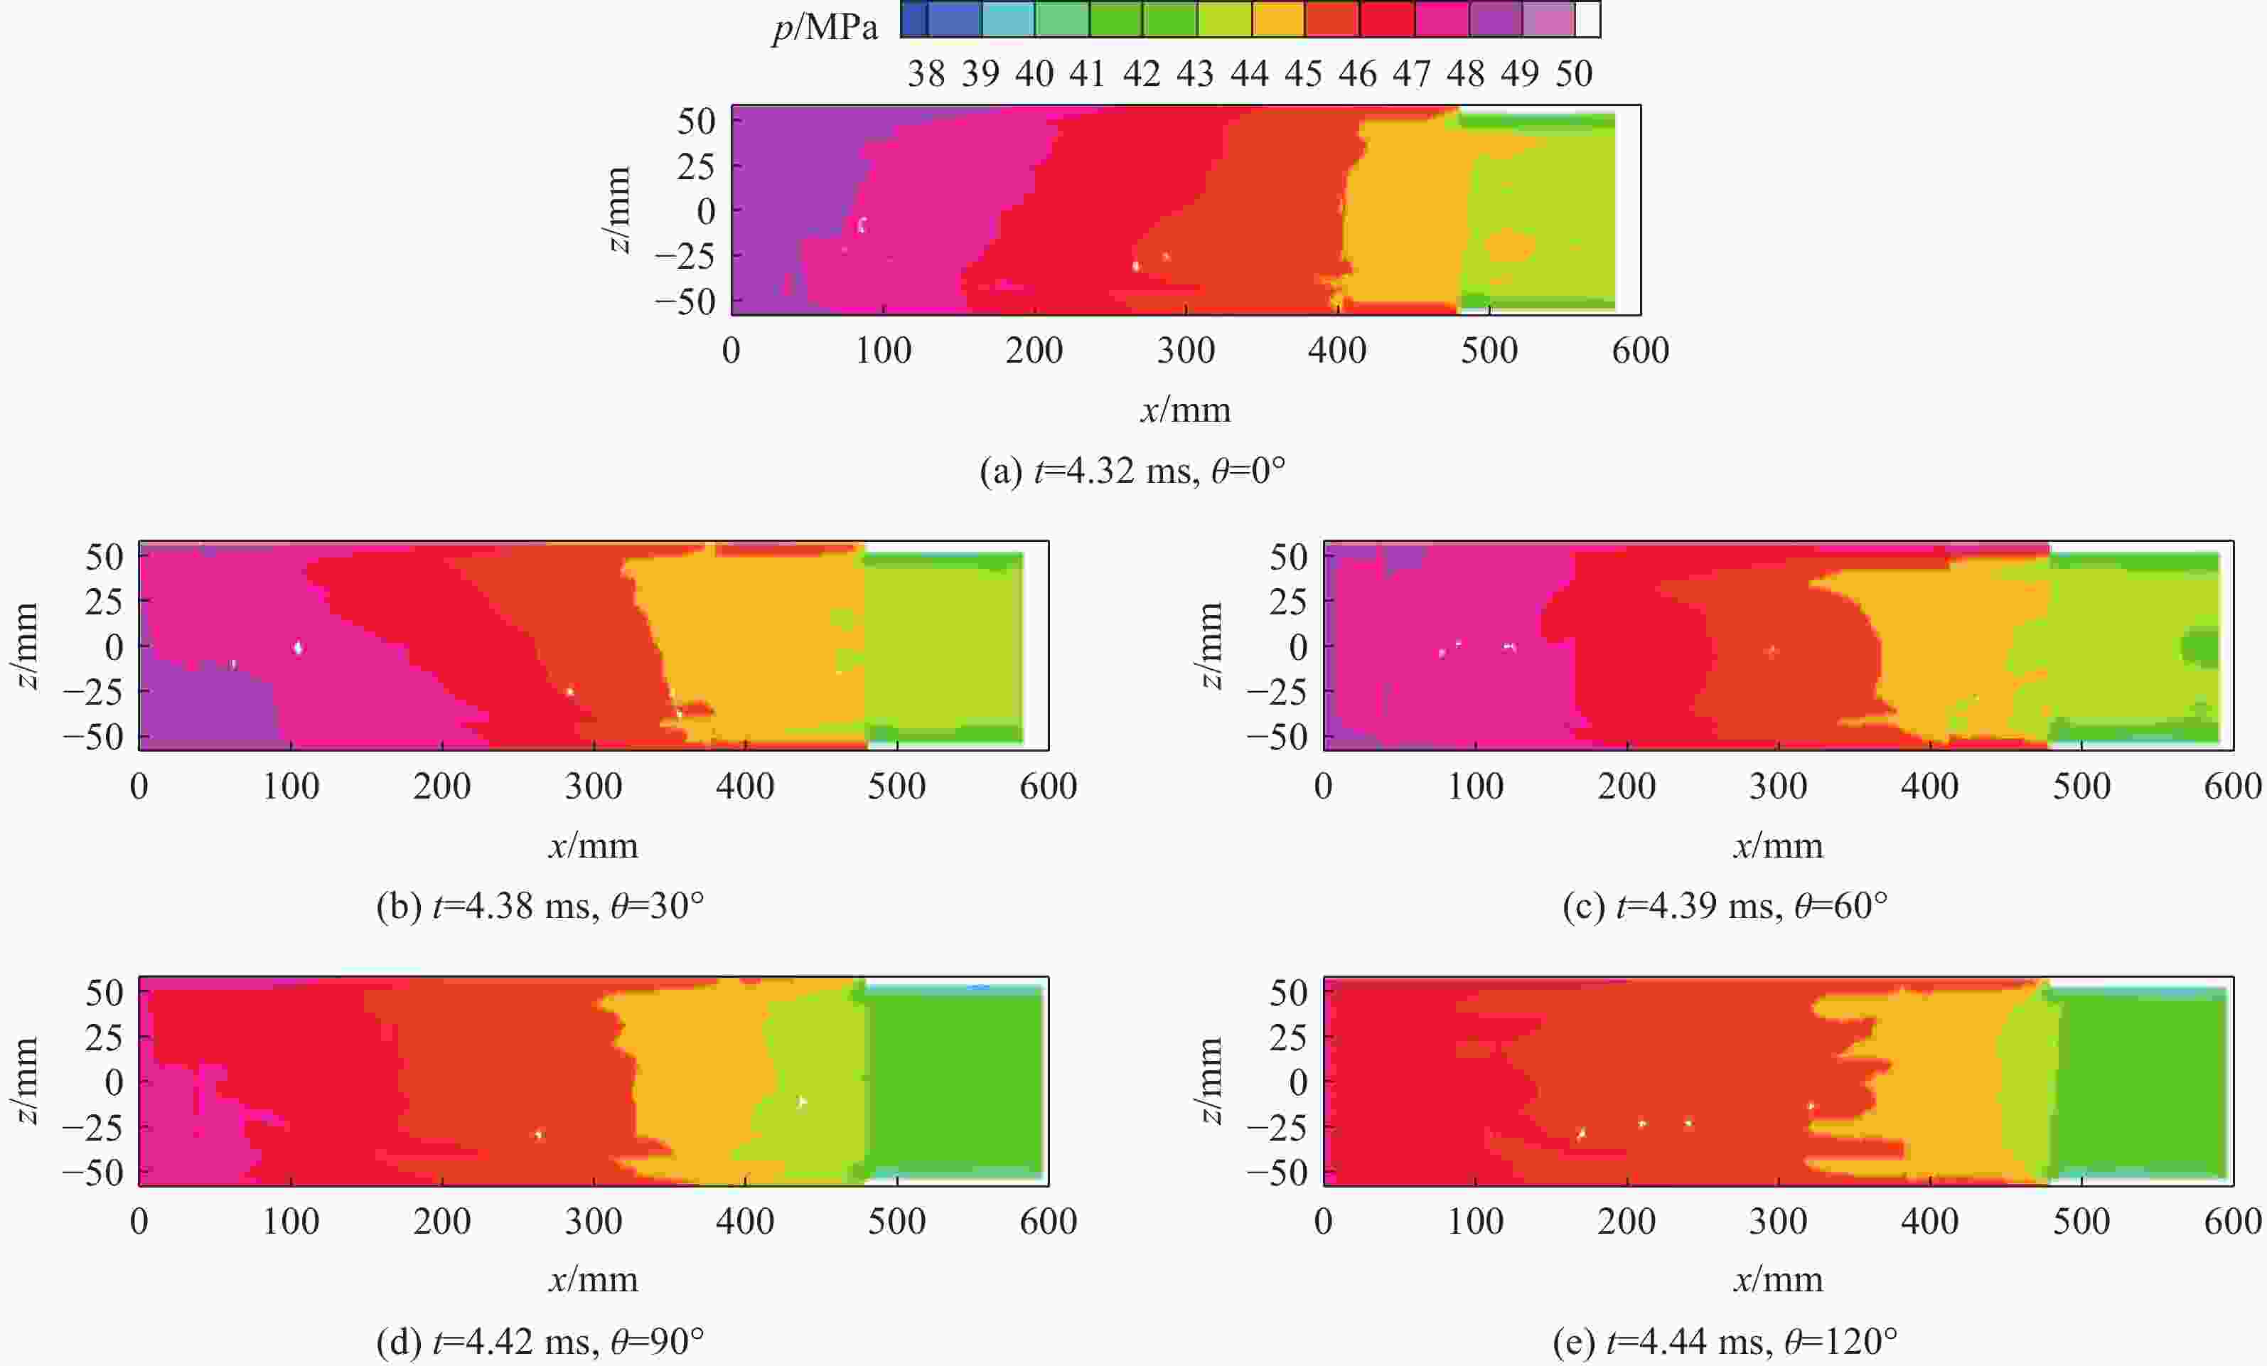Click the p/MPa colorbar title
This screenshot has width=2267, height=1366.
pyautogui.click(x=825, y=28)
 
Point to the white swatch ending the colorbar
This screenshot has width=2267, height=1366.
pyautogui.click(x=1588, y=19)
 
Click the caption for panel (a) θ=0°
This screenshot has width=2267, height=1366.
pyautogui.click(x=1132, y=471)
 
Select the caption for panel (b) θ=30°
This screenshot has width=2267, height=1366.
pyautogui.click(x=540, y=906)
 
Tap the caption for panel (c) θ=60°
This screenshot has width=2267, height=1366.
pyautogui.click(x=1725, y=906)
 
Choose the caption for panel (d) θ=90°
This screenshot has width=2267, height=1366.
pyautogui.click(x=540, y=1342)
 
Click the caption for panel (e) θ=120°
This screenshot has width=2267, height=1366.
pyautogui.click(x=1725, y=1342)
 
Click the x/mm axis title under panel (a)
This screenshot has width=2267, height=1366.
pyautogui.click(x=1185, y=410)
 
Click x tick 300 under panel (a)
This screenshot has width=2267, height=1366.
pyautogui.click(x=1185, y=351)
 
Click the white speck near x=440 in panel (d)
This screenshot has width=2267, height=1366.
pyautogui.click(x=801, y=1101)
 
